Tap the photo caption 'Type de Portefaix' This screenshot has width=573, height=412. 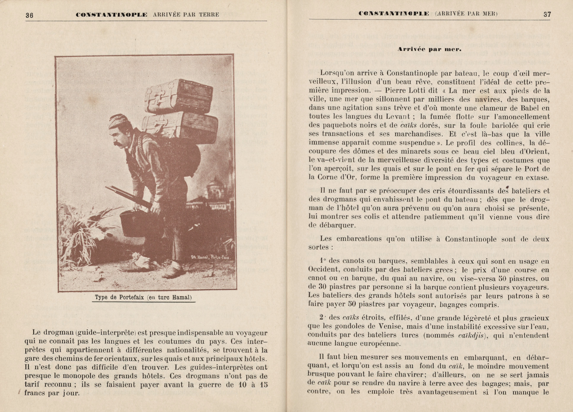tap(143, 297)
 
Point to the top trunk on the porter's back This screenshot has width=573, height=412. tap(180, 96)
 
